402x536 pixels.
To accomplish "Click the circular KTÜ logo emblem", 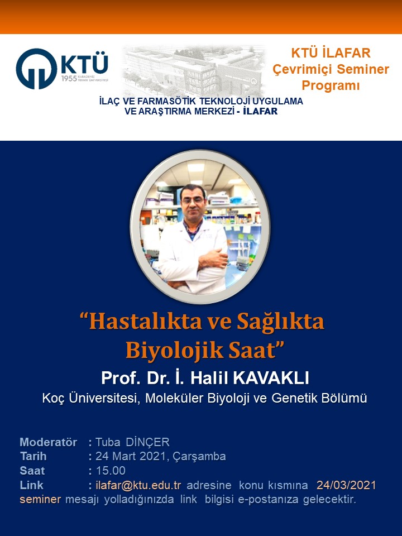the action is (37, 69).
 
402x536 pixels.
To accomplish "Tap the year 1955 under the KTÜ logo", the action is (69, 79).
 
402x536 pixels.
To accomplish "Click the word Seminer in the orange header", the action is (363, 69).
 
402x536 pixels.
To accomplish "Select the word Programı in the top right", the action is (331, 85).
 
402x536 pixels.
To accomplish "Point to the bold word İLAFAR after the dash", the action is (260, 111).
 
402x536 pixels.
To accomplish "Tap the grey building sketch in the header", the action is (194, 70).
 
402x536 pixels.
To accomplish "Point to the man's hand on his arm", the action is (214, 258).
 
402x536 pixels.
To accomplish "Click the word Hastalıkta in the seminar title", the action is (146, 322).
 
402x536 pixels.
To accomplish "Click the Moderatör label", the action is (48, 442).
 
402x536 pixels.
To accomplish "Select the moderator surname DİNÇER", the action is (147, 442).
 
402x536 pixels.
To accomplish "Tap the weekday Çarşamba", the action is (199, 456).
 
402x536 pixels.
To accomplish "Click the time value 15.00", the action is (111, 471).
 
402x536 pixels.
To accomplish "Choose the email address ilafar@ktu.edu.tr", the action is (138, 485).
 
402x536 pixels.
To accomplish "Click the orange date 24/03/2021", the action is (346, 485).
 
